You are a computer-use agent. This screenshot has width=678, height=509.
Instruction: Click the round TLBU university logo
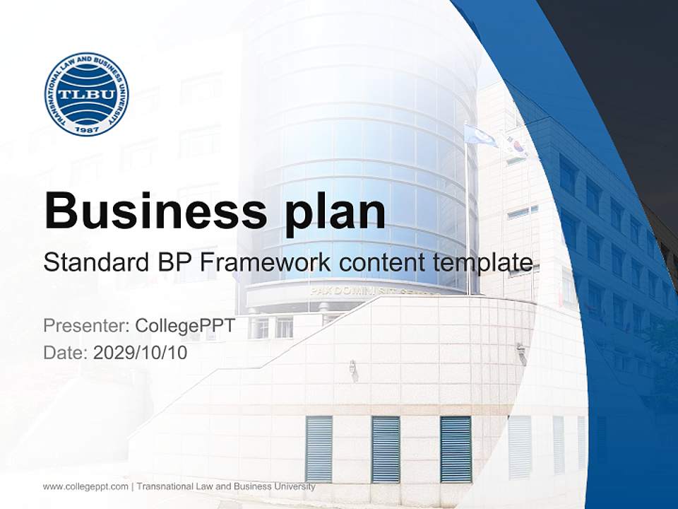(x=86, y=94)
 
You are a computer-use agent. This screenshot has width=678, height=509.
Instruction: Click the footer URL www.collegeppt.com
(x=85, y=486)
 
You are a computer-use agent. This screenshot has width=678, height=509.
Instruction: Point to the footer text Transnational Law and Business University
(x=225, y=486)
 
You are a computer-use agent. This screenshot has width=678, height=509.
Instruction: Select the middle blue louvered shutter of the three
(x=386, y=448)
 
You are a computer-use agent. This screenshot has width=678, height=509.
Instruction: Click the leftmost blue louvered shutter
(x=319, y=448)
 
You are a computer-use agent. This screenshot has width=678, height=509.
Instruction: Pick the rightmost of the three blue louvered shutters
(x=456, y=448)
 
